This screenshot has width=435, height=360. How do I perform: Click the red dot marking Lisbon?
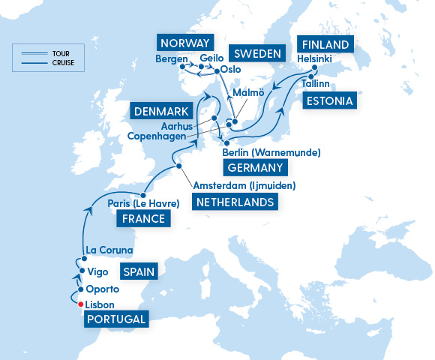[x=79, y=304]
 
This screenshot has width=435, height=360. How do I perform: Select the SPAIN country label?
[x=141, y=272]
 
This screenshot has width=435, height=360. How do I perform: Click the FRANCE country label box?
[x=142, y=219]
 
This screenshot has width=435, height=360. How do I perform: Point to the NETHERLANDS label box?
[x=233, y=202]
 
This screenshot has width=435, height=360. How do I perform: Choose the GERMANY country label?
[x=255, y=168]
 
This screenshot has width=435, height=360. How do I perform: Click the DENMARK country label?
[x=162, y=112]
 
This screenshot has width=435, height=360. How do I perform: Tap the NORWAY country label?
[x=184, y=42]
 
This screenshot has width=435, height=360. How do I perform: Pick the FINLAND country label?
[x=325, y=45]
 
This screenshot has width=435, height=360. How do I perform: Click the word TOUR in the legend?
[x=60, y=52]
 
